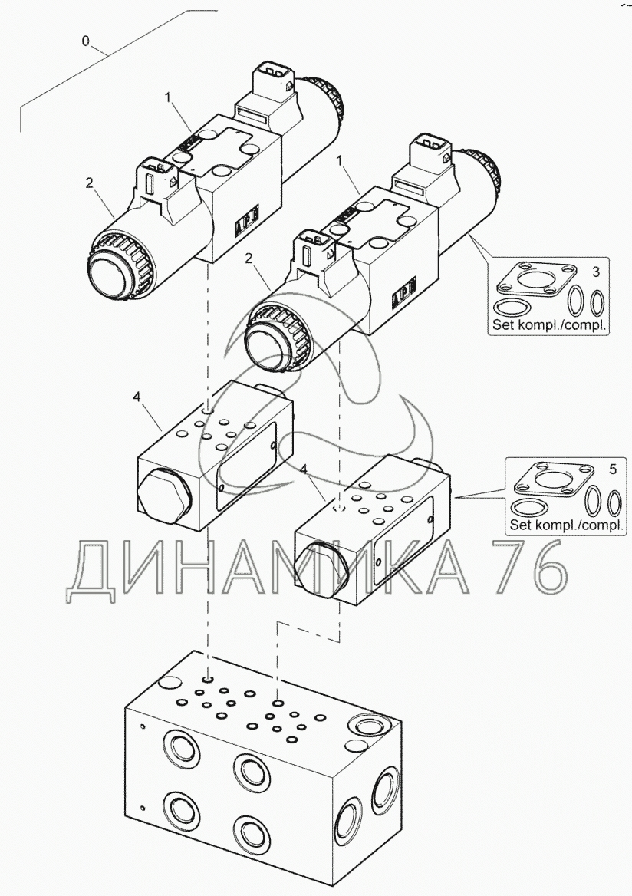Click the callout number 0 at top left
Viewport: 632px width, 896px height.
pos(86,41)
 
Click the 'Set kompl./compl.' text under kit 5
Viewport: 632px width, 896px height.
pos(566,525)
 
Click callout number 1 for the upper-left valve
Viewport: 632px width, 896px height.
pos(167,97)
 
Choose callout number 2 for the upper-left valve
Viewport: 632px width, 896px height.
pos(90,183)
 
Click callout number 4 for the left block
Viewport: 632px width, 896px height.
pos(137,397)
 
